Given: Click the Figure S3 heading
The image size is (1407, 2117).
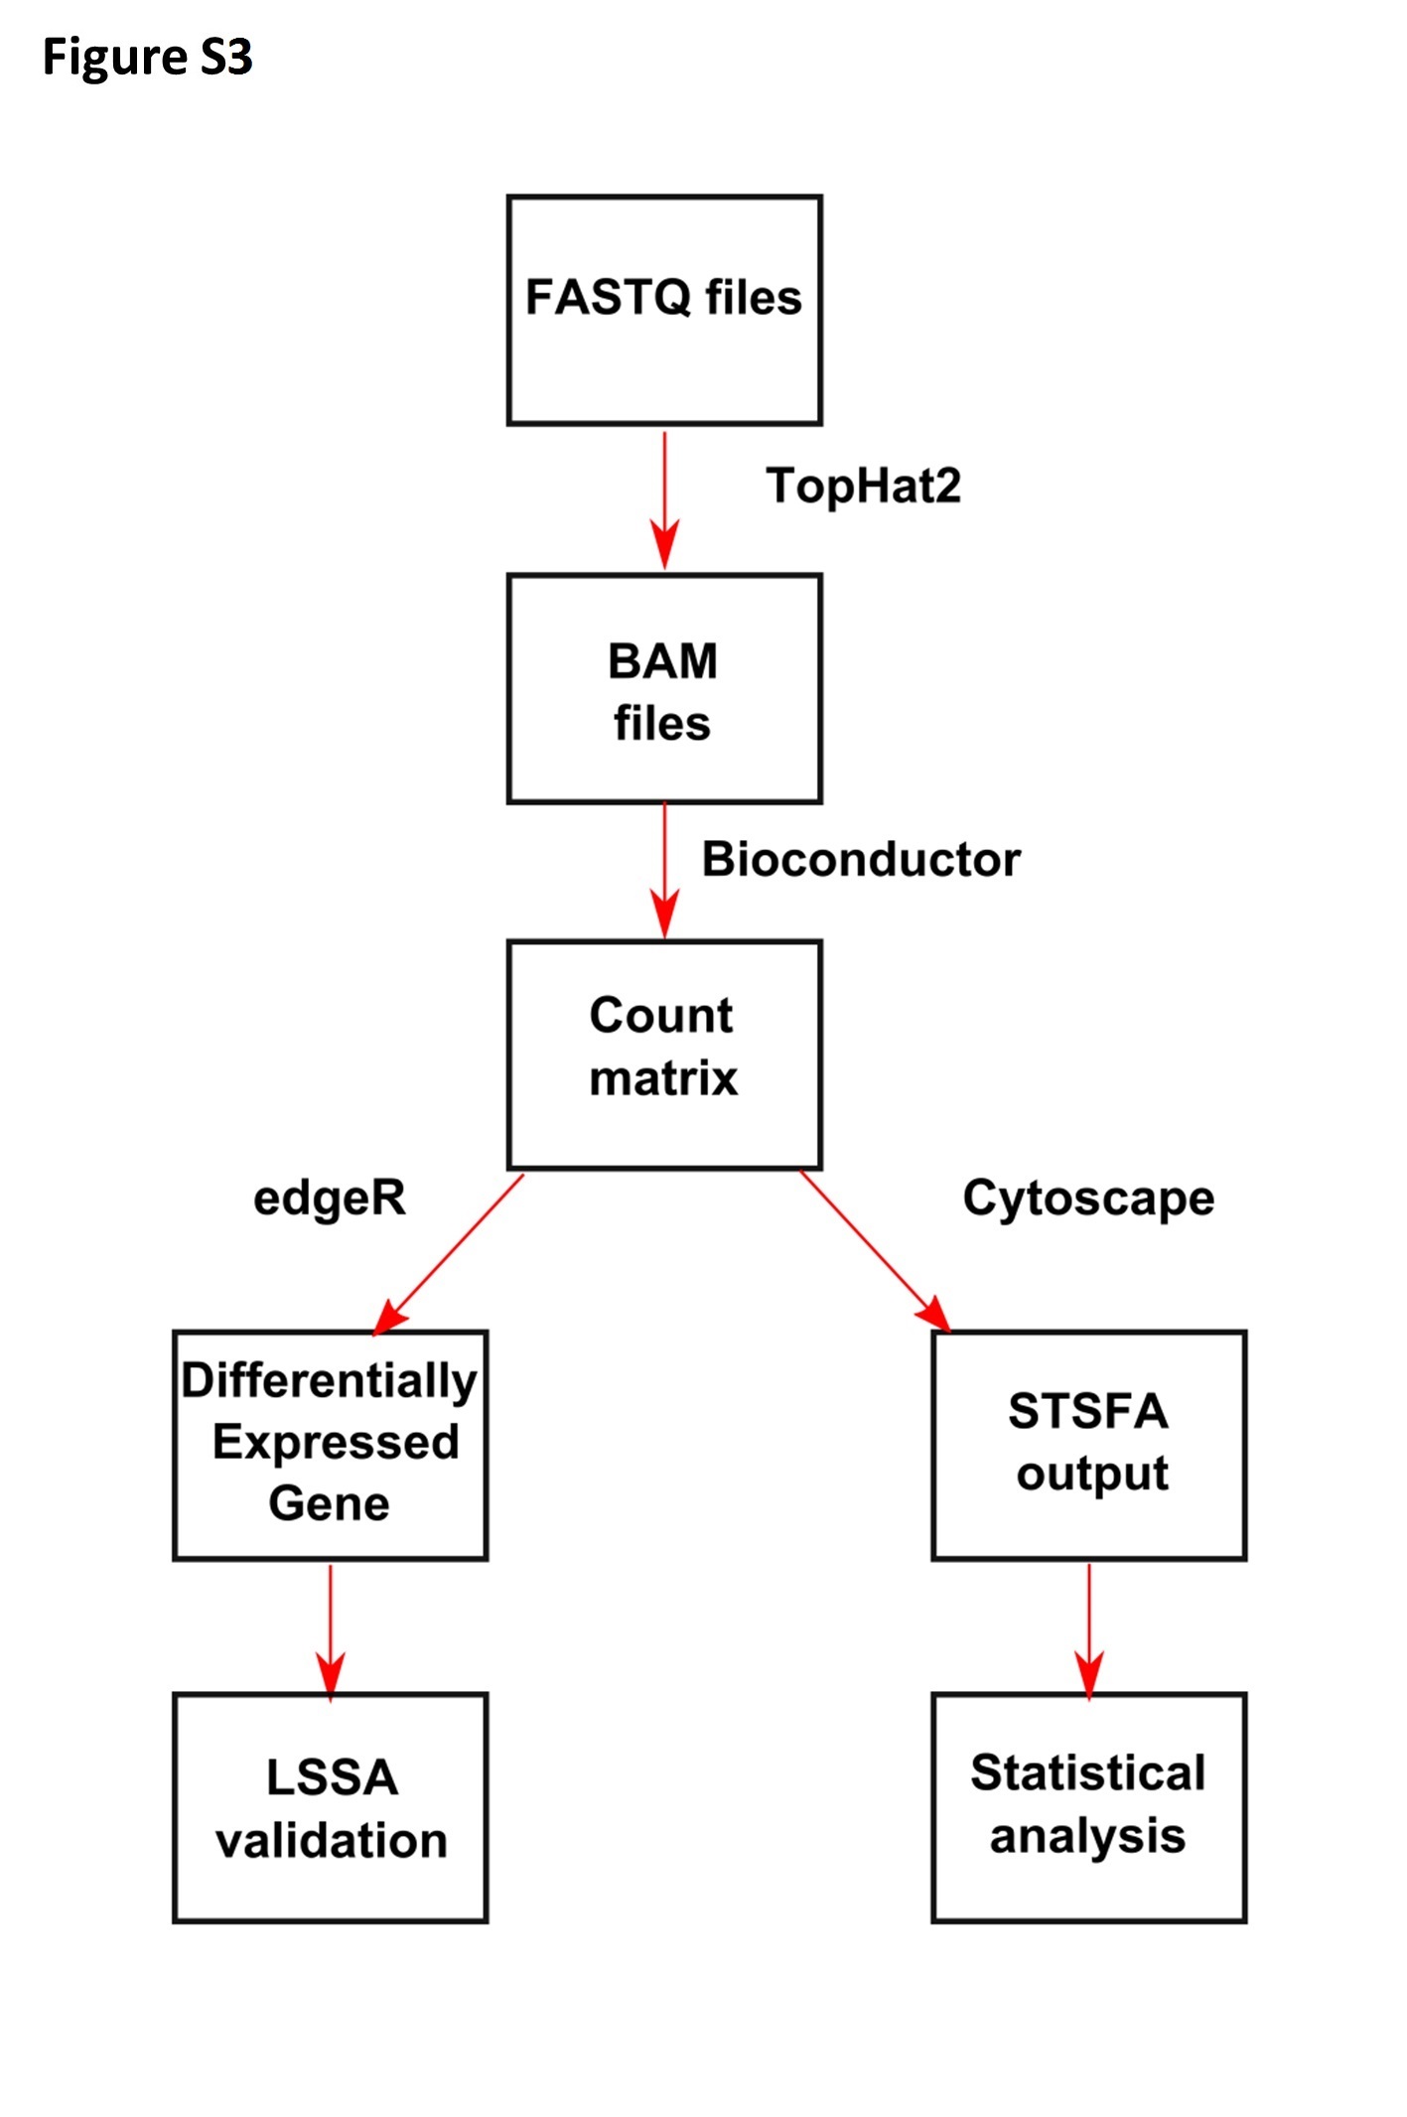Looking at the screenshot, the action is coord(147,58).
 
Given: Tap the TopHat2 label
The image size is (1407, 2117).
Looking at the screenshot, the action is coord(863,487).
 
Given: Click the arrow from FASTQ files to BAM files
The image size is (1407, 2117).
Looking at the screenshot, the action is coord(664,499).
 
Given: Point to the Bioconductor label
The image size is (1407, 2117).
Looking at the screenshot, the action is coord(861,859).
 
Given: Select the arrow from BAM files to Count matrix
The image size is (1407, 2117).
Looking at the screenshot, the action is coord(664,871).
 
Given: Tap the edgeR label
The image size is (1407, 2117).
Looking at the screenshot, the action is coord(330,1199).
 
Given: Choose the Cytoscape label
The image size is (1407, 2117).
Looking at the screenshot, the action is coord(1088,1199).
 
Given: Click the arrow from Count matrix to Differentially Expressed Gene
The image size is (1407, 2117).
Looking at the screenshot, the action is coord(448,1253).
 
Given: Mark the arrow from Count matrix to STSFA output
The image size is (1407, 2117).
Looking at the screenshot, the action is coord(875,1251).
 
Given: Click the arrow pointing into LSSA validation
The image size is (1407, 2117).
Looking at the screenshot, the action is coord(331,1631).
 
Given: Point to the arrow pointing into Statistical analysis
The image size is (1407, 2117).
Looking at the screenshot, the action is coord(1089,1631).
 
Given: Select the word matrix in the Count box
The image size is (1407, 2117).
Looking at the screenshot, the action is coord(663,1078).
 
